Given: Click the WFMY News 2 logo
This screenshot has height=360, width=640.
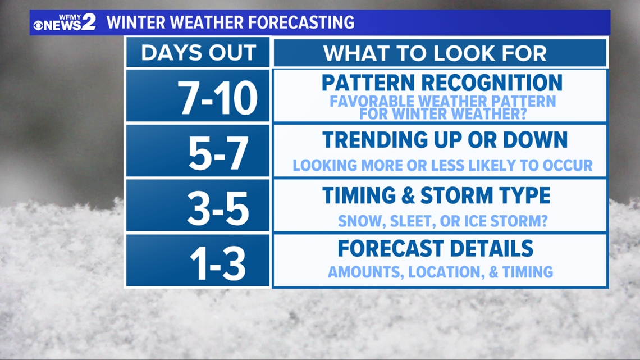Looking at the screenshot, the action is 65,22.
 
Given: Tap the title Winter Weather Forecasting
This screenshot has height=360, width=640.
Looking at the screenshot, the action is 231,22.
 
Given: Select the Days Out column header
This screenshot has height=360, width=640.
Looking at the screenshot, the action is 198,53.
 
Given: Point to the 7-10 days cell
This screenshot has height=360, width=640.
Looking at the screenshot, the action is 198,96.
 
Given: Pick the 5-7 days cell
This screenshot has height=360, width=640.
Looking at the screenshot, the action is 198,151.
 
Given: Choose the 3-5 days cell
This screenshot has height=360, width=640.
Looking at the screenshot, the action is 198,206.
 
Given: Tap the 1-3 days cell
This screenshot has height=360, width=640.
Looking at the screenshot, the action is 198,261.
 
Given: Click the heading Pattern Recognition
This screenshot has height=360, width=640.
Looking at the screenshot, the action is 442,83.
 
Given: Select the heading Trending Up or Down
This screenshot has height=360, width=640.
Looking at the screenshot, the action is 445,140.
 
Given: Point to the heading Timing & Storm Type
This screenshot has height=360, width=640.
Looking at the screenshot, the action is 436,195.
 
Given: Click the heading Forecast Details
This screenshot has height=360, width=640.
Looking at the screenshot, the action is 436,248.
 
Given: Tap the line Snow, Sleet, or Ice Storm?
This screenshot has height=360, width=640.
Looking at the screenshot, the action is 443,221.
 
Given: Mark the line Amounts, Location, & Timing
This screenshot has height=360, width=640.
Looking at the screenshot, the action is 440,272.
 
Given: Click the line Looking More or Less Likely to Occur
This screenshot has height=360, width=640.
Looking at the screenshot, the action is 443,165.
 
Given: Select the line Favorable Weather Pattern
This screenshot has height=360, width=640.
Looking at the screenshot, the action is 443,101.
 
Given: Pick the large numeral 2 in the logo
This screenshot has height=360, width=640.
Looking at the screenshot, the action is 88,22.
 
